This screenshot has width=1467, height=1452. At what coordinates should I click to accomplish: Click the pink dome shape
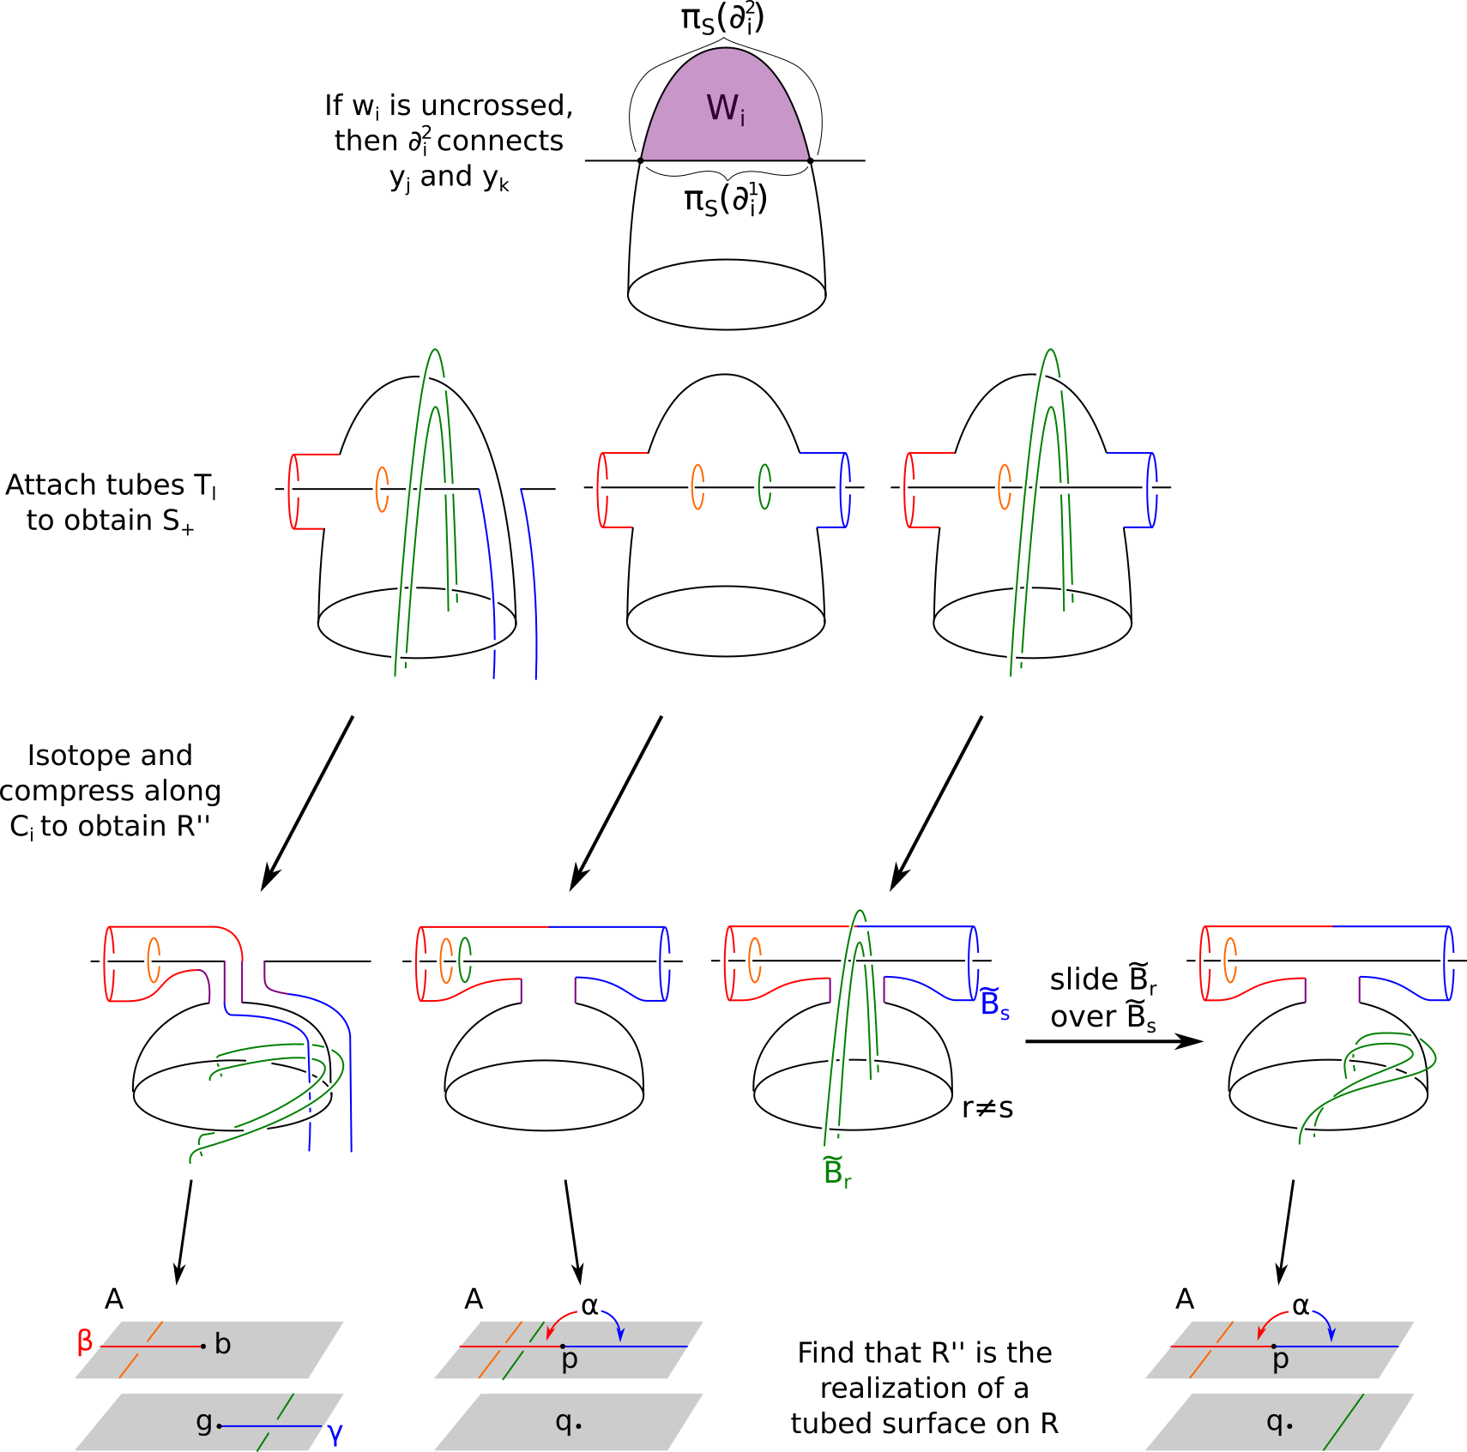[x=725, y=129]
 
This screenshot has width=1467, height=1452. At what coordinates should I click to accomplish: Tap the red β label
[x=84, y=1341]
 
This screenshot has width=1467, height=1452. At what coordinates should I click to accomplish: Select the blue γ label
[x=335, y=1435]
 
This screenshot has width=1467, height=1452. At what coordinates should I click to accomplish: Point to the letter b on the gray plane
[x=223, y=1344]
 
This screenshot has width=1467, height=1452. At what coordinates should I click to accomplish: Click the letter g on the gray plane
[x=203, y=1421]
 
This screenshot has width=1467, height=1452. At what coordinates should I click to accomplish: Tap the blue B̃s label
[x=994, y=1003]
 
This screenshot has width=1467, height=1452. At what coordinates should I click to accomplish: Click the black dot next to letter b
[x=203, y=1347]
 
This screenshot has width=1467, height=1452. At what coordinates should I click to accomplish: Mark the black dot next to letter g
[x=220, y=1426]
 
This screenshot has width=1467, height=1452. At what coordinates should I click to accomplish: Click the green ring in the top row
[x=764, y=486]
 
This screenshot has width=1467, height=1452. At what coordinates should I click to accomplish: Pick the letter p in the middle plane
[x=569, y=1359]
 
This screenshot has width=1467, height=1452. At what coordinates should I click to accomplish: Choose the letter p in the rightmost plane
[x=1280, y=1359]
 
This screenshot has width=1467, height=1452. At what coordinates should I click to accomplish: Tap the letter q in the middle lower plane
[x=563, y=1421]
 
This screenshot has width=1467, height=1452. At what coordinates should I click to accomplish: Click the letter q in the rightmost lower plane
[x=1274, y=1421]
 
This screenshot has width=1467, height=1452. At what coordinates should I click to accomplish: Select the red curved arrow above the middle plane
[x=559, y=1321]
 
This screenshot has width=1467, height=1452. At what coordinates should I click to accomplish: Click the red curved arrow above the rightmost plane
[x=1270, y=1321]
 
